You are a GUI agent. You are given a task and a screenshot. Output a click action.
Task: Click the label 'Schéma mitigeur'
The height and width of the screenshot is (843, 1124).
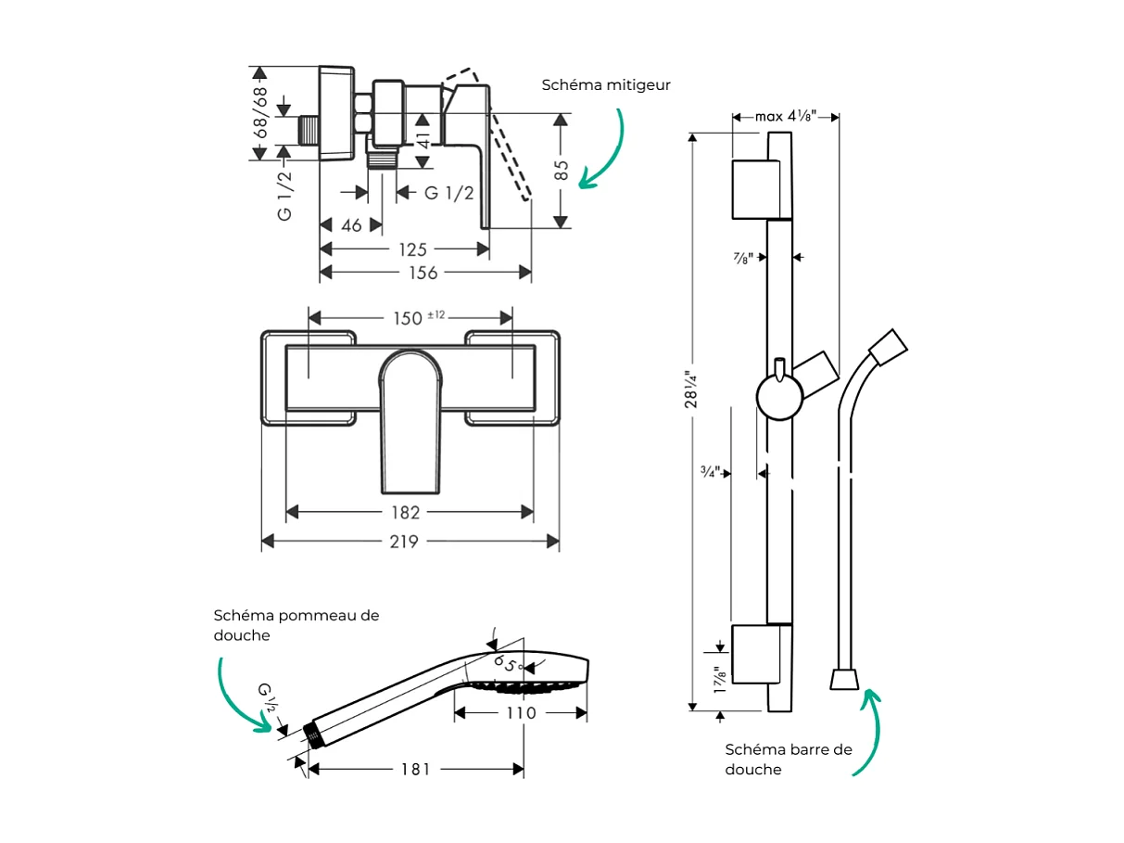click(606, 84)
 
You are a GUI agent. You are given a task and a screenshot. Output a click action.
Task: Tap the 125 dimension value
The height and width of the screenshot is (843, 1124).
click(412, 249)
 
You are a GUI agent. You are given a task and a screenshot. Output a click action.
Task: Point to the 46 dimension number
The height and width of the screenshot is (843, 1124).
click(351, 225)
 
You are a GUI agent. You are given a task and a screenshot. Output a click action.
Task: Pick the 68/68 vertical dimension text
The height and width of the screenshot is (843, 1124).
click(262, 113)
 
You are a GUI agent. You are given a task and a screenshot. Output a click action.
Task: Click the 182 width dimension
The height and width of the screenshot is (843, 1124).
click(405, 512)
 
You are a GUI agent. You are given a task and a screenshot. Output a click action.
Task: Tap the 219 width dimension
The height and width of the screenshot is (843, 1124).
click(404, 542)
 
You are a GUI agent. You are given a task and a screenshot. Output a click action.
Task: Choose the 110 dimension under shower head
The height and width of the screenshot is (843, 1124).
click(521, 713)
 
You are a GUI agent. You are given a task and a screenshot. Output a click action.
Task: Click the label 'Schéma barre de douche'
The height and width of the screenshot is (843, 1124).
click(788, 760)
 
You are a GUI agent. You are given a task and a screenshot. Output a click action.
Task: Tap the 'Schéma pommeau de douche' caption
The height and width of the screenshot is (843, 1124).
click(296, 625)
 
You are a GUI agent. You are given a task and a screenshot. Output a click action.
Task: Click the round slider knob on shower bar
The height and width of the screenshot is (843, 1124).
click(778, 399)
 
